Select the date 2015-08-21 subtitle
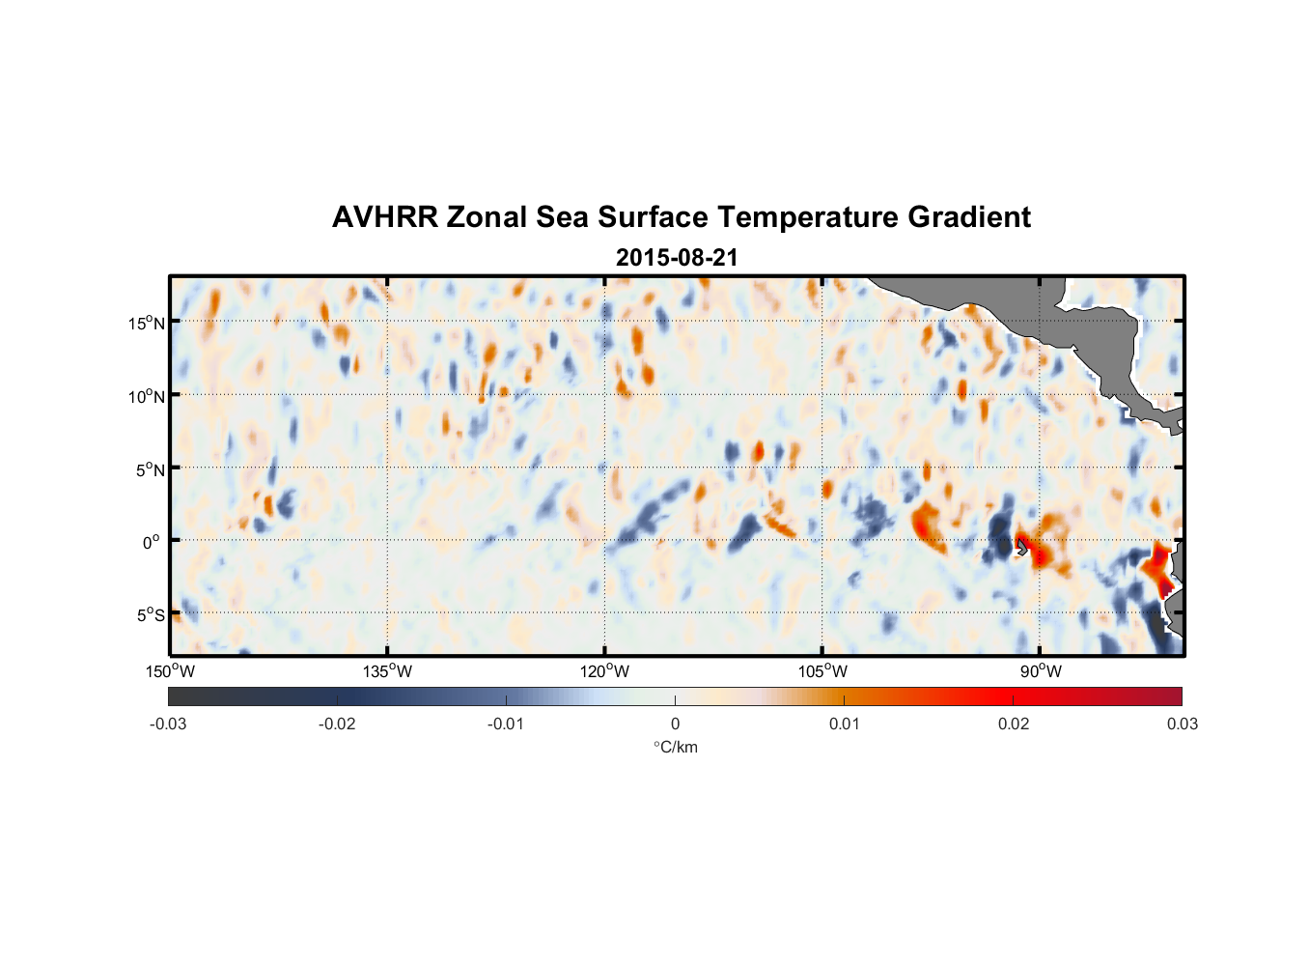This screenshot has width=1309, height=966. coord(677,258)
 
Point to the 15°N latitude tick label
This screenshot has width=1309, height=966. coord(147,323)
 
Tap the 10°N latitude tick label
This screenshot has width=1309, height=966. coord(147,396)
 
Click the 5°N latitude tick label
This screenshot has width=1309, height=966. coord(150,469)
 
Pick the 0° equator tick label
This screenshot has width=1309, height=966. coord(151,543)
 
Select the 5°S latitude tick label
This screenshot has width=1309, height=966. coord(150,615)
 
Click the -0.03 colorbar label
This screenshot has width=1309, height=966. coord(168,724)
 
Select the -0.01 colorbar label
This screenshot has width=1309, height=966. coord(506,724)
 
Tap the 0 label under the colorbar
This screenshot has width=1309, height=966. coord(675,724)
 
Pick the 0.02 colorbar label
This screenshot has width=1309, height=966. coord(1014,724)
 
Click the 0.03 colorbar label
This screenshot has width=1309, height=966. coord(1182,724)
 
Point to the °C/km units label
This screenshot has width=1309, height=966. coord(676,747)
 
